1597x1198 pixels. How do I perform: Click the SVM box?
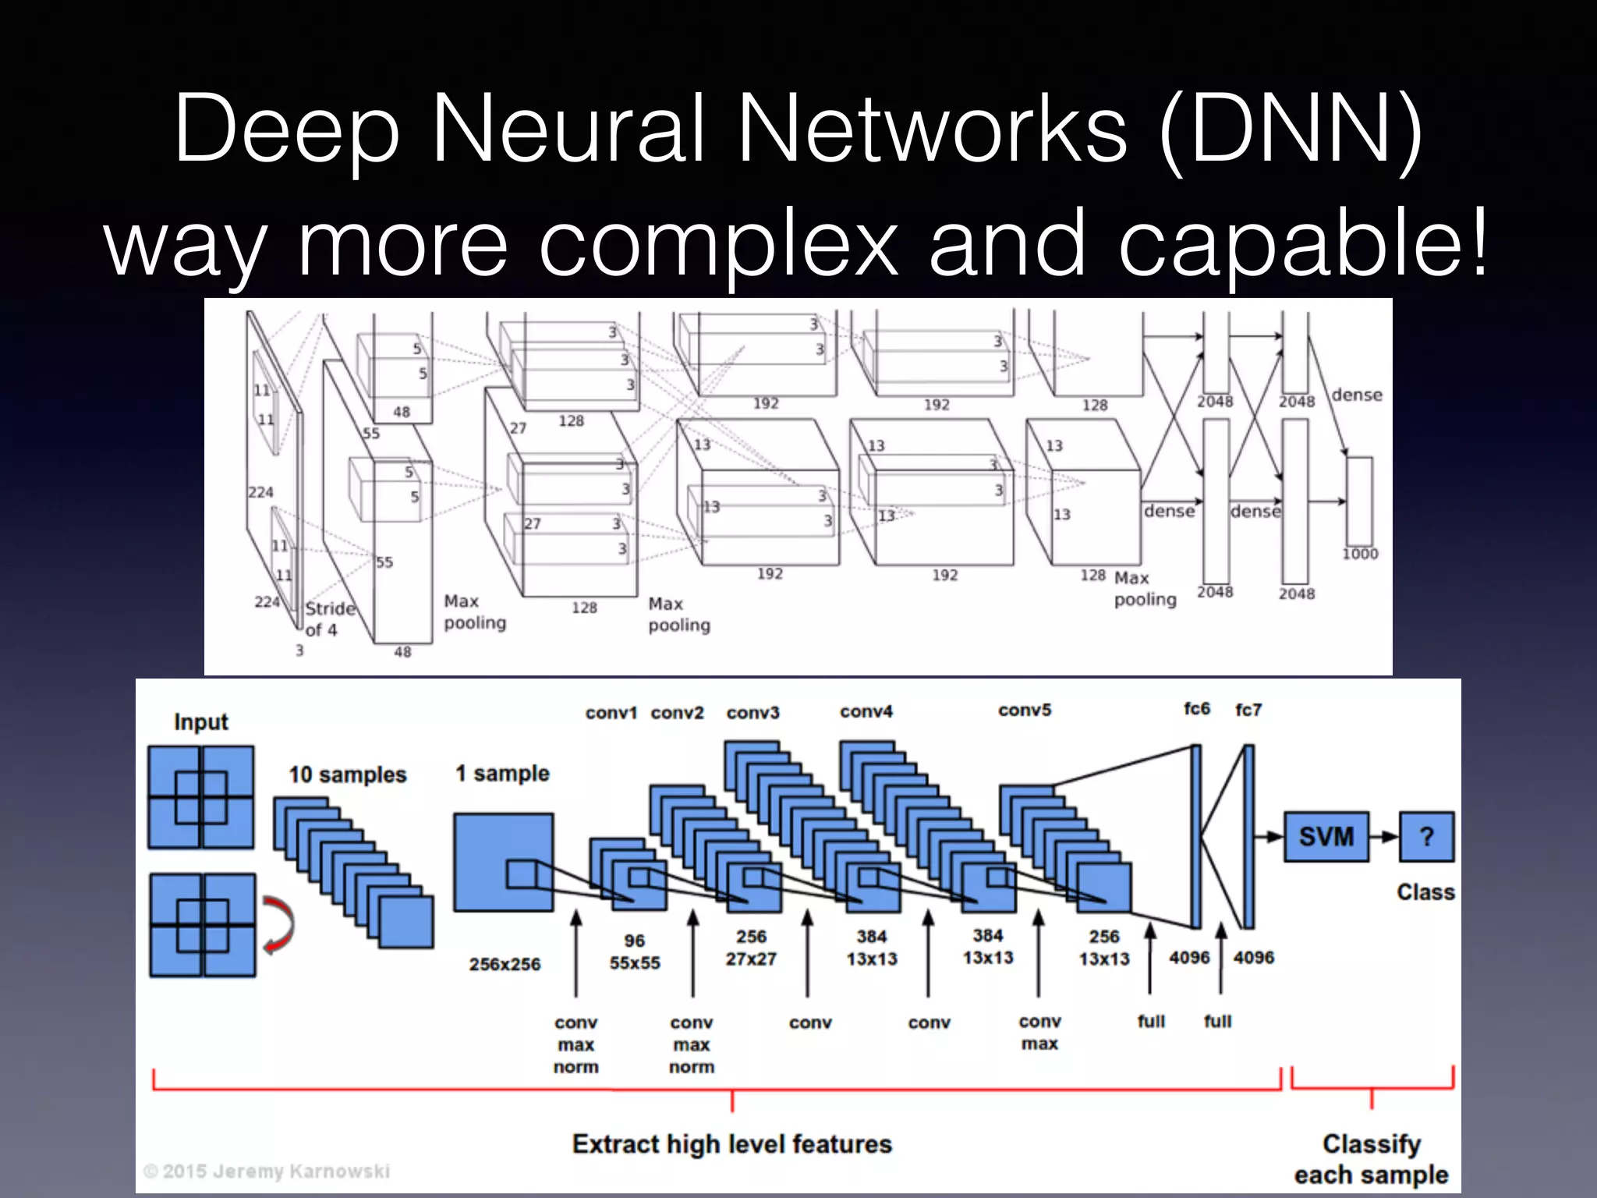[1326, 837]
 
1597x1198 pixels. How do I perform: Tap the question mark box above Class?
[1426, 837]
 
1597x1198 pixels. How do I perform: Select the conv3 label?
[752, 712]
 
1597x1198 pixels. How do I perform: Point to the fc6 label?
[1196, 708]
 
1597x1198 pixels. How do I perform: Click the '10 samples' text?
[348, 774]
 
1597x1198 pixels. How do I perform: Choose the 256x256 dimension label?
[505, 964]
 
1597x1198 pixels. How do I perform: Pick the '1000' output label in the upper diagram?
[1360, 554]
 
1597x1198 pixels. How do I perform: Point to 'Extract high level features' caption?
[731, 1144]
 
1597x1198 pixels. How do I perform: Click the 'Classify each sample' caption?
[1371, 1159]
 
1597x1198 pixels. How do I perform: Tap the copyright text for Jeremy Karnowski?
[267, 1171]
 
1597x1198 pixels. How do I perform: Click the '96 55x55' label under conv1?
[634, 952]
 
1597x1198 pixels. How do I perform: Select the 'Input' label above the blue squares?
[200, 721]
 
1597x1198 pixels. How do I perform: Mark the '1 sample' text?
[502, 773]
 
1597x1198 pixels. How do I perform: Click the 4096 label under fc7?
[1253, 957]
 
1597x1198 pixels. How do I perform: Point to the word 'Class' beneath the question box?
[1425, 891]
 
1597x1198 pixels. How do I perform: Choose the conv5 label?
[1025, 710]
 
